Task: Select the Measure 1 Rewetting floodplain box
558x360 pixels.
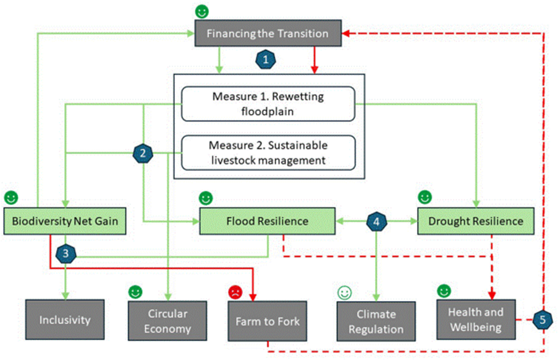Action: tap(268, 104)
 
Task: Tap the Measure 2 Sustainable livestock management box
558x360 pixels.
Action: tap(268, 152)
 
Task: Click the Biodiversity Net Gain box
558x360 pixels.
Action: tap(65, 221)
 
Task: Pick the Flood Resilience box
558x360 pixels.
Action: tap(267, 221)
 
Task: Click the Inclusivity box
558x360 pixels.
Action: tap(65, 319)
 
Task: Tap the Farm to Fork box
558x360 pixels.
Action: tap(267, 321)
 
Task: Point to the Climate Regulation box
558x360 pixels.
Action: tap(376, 322)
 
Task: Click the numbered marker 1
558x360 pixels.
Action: tap(264, 59)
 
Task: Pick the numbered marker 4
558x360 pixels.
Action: tap(376, 222)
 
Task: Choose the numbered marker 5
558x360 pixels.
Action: tap(543, 319)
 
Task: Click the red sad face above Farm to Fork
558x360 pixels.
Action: tap(236, 292)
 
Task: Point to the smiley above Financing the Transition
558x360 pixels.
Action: tap(201, 11)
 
